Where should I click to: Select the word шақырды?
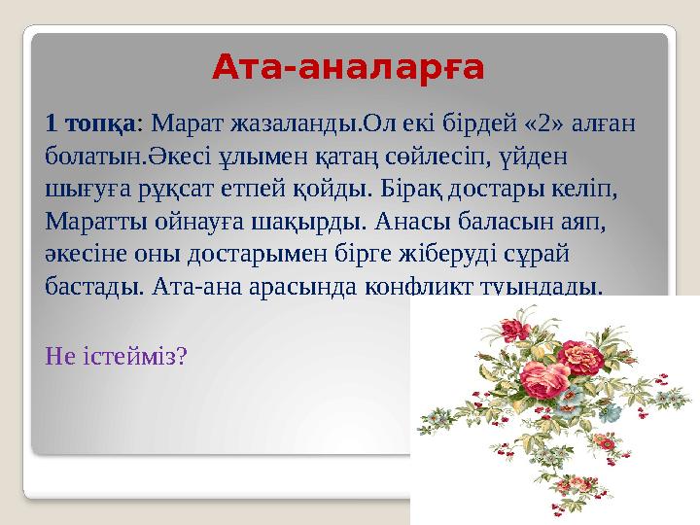(x=310, y=220)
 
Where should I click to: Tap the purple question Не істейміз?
(x=117, y=357)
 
